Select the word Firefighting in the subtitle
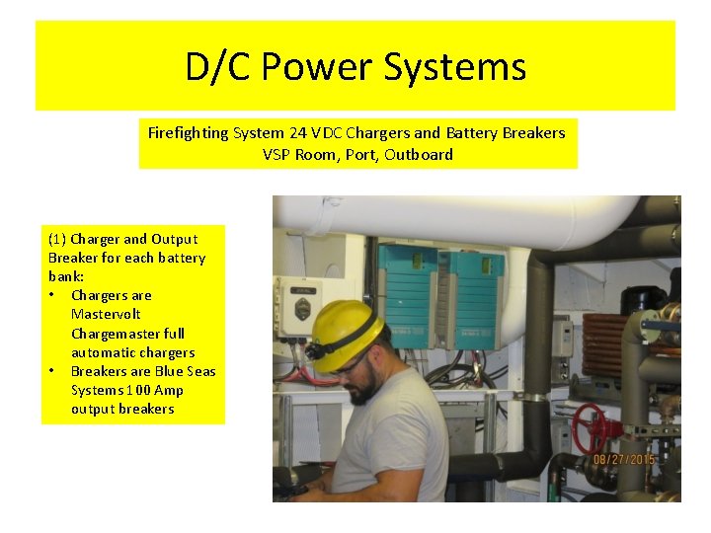tap(188, 132)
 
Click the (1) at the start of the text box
tap(57, 239)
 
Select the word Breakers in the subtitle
tap(532, 132)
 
